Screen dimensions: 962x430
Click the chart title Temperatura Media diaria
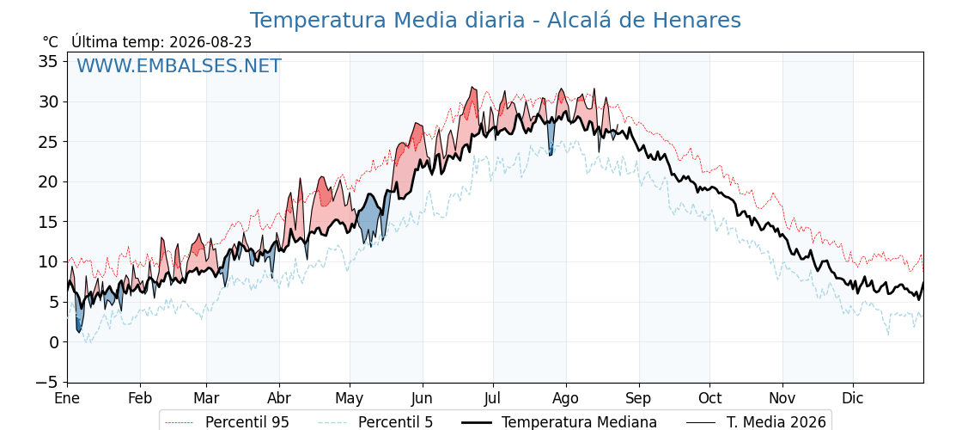pyautogui.click(x=387, y=21)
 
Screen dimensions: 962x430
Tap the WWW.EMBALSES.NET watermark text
pyautogui.click(x=179, y=65)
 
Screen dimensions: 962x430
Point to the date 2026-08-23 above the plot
pyautogui.click(x=210, y=42)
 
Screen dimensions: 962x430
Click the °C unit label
pyautogui.click(x=51, y=42)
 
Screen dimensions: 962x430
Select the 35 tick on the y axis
pyautogui.click(x=49, y=61)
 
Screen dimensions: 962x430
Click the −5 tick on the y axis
pyautogui.click(x=48, y=382)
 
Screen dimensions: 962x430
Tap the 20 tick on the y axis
pyautogui.click(x=49, y=181)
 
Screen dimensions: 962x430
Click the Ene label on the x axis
pyautogui.click(x=67, y=398)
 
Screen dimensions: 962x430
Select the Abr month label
pyautogui.click(x=279, y=398)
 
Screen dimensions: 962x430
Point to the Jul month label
pyautogui.click(x=493, y=398)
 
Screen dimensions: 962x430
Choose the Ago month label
pyautogui.click(x=566, y=398)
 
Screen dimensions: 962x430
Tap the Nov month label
pyautogui.click(x=782, y=398)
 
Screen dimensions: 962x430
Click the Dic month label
pyautogui.click(x=853, y=398)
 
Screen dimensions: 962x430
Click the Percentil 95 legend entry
pyautogui.click(x=228, y=422)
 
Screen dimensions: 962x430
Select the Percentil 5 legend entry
pyautogui.click(x=375, y=422)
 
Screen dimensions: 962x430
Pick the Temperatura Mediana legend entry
pyautogui.click(x=558, y=422)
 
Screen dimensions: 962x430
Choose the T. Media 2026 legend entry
pyautogui.click(x=756, y=422)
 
